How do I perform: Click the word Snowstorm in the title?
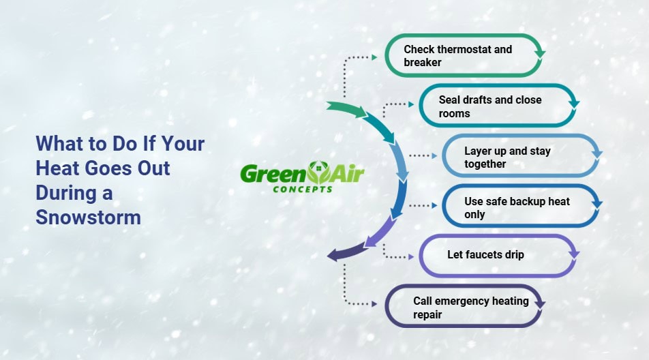pos(88,217)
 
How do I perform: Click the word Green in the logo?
pos(265,174)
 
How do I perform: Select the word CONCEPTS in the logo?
pos(303,189)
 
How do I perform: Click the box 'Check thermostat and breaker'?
pos(464,56)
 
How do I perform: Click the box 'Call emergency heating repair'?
pos(464,307)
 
